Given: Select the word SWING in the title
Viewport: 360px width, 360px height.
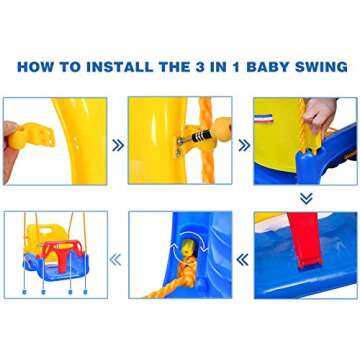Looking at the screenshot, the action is [x=321, y=67].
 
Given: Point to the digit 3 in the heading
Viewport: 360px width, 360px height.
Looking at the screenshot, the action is [x=198, y=67].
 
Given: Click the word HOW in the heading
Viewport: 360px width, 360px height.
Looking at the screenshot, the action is [x=35, y=67].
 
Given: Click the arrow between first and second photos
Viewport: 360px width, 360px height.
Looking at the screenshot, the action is [x=118, y=145].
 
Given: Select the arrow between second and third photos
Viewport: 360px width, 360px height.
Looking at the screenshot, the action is [x=244, y=145].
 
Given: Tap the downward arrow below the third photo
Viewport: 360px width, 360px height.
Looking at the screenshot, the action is [x=306, y=198].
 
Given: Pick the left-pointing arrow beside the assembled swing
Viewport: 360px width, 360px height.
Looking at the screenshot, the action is [x=116, y=260].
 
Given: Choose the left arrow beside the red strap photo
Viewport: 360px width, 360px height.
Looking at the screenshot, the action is [x=242, y=260].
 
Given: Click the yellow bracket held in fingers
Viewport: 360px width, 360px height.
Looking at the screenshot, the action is [x=31, y=135].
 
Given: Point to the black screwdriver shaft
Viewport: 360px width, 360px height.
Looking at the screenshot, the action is [x=199, y=137].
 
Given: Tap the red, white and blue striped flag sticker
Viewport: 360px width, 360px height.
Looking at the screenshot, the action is [x=263, y=118].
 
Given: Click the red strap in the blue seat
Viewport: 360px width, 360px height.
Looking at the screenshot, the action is [x=305, y=239].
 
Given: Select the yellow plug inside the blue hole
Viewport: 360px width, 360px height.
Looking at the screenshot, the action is [x=188, y=250].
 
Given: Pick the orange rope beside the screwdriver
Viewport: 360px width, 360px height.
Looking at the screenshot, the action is [x=208, y=140].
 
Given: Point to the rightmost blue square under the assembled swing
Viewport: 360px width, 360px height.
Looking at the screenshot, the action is [x=85, y=292].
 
